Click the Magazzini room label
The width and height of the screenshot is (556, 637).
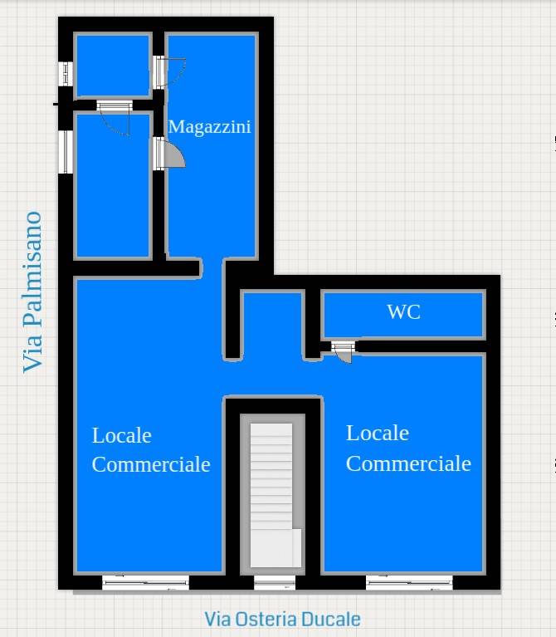(x=209, y=127)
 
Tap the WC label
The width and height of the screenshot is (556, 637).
(x=404, y=312)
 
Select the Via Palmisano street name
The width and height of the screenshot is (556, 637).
(x=32, y=292)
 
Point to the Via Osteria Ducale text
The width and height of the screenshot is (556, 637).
(x=282, y=620)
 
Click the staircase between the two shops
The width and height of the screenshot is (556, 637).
(x=272, y=495)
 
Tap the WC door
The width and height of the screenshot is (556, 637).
(x=344, y=351)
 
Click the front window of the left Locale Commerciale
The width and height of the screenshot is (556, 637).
(x=145, y=582)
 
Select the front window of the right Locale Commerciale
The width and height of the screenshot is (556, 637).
(x=409, y=582)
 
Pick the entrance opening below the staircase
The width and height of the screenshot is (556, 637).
(x=275, y=582)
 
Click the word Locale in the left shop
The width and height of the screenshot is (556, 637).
(x=122, y=435)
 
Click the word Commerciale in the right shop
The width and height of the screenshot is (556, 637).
(x=408, y=463)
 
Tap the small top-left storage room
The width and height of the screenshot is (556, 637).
(x=113, y=66)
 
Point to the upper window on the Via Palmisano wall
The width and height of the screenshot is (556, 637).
(x=66, y=74)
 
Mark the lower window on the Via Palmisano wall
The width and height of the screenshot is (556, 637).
(x=66, y=152)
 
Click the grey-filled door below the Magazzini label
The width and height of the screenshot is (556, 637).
(x=169, y=154)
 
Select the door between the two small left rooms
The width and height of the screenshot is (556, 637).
(x=115, y=118)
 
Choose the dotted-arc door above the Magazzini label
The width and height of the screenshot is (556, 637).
(x=169, y=72)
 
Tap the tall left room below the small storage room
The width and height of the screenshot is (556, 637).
(x=113, y=186)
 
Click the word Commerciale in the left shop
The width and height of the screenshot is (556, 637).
(x=151, y=464)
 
